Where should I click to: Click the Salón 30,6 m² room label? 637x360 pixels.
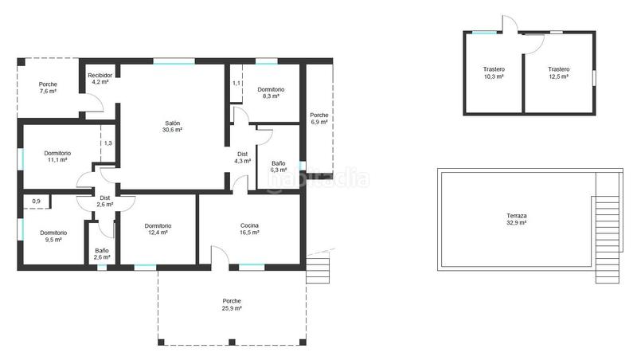(x=173, y=126)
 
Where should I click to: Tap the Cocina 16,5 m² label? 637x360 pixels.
(x=249, y=229)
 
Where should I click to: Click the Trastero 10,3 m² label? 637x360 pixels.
(x=494, y=72)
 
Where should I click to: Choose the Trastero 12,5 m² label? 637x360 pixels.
(x=558, y=72)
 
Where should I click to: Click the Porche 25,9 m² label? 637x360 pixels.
(x=232, y=303)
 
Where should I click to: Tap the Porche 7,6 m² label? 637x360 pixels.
(x=48, y=88)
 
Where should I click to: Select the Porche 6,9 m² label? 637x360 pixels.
(x=318, y=119)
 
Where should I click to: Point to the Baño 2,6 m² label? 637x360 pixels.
(x=102, y=254)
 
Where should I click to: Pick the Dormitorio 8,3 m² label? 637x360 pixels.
(x=271, y=93)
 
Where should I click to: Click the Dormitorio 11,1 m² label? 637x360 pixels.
(x=57, y=156)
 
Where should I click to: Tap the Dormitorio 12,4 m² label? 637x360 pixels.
(x=158, y=229)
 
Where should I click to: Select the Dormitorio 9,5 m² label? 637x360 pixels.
(x=53, y=236)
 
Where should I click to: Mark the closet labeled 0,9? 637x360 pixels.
(x=36, y=202)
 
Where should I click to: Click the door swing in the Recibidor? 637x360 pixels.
(x=94, y=104)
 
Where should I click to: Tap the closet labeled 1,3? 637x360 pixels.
(x=107, y=143)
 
